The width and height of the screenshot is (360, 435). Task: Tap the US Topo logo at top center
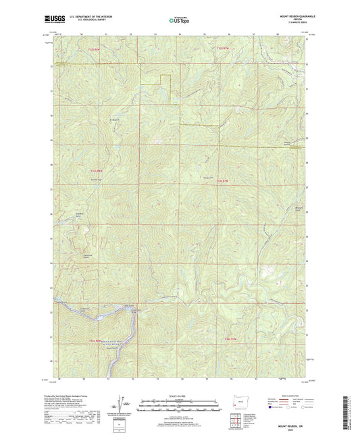pyautogui.click(x=179, y=21)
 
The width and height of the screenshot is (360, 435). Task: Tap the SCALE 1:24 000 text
pyautogui.click(x=179, y=395)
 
